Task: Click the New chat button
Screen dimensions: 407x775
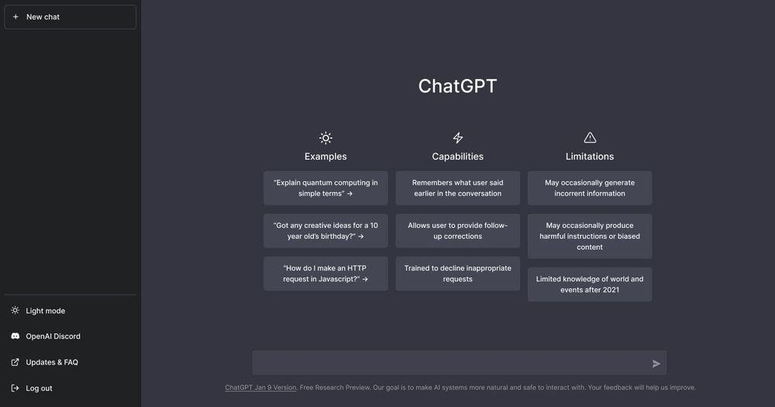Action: (x=70, y=17)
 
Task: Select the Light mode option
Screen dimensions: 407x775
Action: (x=45, y=311)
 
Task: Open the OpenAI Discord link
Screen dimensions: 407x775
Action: (x=53, y=336)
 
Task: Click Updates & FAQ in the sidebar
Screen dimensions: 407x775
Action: (x=51, y=362)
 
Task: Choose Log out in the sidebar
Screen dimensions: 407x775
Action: (x=39, y=388)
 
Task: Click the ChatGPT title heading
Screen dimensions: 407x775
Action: (x=457, y=86)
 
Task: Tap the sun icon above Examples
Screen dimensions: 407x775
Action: (x=325, y=138)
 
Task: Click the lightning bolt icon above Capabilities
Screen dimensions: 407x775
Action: (x=458, y=138)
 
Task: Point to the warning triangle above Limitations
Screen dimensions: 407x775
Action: (x=590, y=138)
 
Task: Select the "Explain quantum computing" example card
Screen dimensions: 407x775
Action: (x=325, y=188)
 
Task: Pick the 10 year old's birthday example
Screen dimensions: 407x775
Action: (x=325, y=231)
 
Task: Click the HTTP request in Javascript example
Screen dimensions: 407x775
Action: (x=325, y=274)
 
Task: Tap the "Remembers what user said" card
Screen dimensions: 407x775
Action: (x=457, y=188)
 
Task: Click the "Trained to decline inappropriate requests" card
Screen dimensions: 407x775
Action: (x=457, y=274)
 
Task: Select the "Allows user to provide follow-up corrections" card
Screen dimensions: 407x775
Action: (x=457, y=231)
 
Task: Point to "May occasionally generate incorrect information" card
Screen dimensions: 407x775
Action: (x=590, y=188)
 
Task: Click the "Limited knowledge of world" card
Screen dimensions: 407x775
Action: (x=590, y=285)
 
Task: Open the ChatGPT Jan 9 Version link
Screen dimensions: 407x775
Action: (x=260, y=388)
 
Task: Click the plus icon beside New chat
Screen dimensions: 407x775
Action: (x=15, y=17)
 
